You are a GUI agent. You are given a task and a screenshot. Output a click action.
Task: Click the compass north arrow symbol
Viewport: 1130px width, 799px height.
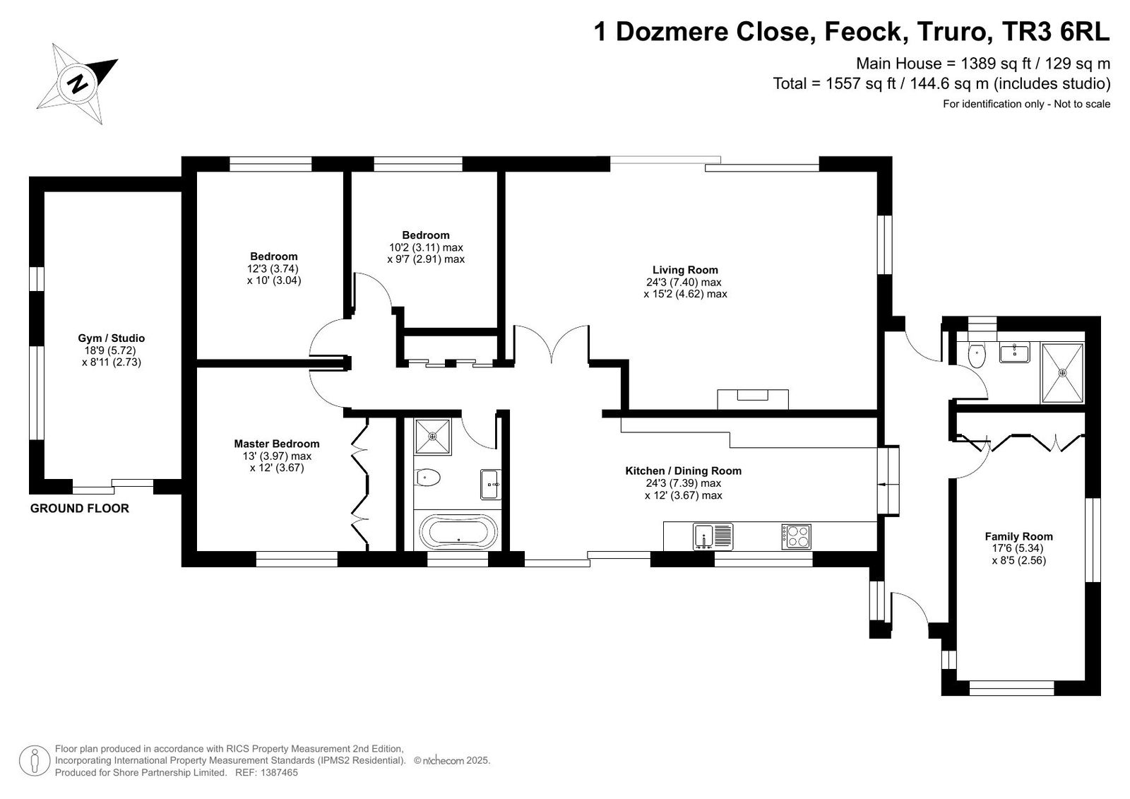point(77,83)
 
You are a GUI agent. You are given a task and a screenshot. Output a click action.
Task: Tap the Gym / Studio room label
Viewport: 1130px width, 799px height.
point(111,338)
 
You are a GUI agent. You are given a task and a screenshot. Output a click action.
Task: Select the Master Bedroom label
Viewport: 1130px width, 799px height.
point(276,444)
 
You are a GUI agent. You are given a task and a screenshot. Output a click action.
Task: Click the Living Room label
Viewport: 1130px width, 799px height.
point(685,270)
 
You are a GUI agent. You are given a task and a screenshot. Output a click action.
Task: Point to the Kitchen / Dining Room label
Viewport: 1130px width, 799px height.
point(683,471)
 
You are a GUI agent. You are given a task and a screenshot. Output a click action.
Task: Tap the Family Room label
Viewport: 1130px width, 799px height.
point(1018,536)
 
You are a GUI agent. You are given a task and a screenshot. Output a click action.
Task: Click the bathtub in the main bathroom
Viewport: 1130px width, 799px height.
point(458,531)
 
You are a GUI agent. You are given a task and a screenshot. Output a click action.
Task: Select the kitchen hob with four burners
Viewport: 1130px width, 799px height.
point(797,536)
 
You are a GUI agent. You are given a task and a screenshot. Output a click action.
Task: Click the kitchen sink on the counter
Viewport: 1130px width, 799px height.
point(713,536)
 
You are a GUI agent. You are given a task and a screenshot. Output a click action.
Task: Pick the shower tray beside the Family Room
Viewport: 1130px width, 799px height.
point(1062,373)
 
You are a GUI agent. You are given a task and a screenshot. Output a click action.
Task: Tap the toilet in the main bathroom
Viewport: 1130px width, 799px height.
point(427,477)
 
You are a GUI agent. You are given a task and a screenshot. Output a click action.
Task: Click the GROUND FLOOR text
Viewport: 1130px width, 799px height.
point(80,508)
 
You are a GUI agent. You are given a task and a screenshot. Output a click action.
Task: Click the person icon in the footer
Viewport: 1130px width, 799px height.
point(35,760)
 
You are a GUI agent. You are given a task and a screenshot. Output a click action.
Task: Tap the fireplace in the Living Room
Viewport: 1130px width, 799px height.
point(753,399)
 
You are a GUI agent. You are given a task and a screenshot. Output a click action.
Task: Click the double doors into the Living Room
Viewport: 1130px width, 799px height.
point(552,343)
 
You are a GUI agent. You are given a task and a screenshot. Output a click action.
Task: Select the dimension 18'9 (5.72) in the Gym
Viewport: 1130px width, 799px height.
point(107,350)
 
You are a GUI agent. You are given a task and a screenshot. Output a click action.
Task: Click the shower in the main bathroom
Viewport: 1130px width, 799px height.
point(433,436)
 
